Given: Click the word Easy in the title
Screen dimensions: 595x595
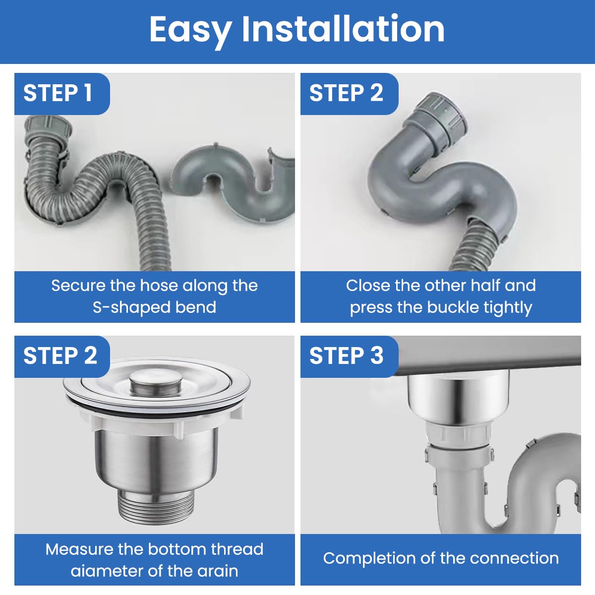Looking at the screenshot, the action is tap(190, 30).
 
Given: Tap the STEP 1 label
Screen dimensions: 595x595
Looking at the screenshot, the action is tap(58, 93).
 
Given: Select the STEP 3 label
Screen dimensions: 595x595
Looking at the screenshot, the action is tap(346, 356).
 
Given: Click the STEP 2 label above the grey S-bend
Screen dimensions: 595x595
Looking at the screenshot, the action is tap(346, 93).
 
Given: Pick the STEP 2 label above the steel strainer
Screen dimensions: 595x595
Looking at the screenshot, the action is tap(60, 356).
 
